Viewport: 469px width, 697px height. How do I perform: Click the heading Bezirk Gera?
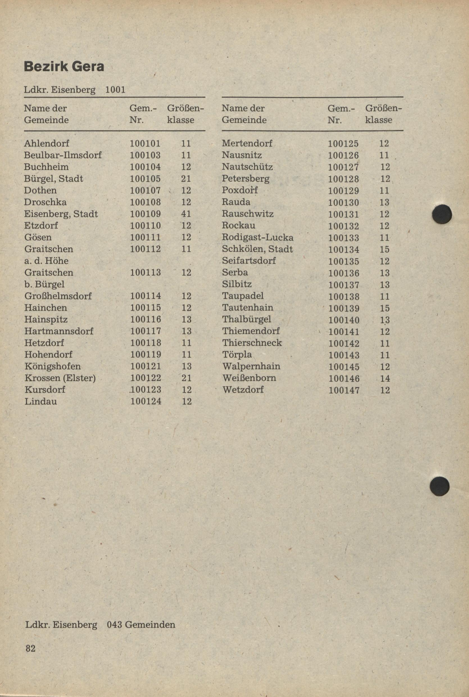click(64, 67)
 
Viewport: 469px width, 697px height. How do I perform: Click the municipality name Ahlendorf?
click(46, 143)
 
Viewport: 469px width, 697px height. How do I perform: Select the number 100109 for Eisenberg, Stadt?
click(145, 214)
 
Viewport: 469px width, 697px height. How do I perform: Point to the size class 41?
click(186, 214)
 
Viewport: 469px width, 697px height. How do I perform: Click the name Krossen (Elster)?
click(60, 378)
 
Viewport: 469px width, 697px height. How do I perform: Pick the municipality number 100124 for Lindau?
click(146, 401)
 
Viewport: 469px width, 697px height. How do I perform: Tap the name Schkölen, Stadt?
click(257, 249)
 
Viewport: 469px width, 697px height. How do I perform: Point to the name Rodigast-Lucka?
click(257, 237)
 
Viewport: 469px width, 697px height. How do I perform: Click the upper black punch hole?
click(442, 214)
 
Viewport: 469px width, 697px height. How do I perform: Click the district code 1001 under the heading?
click(115, 90)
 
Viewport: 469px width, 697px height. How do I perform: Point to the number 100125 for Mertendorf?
click(343, 144)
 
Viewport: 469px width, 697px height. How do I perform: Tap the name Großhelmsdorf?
click(58, 296)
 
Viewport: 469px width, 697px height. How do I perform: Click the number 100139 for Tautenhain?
click(344, 308)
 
